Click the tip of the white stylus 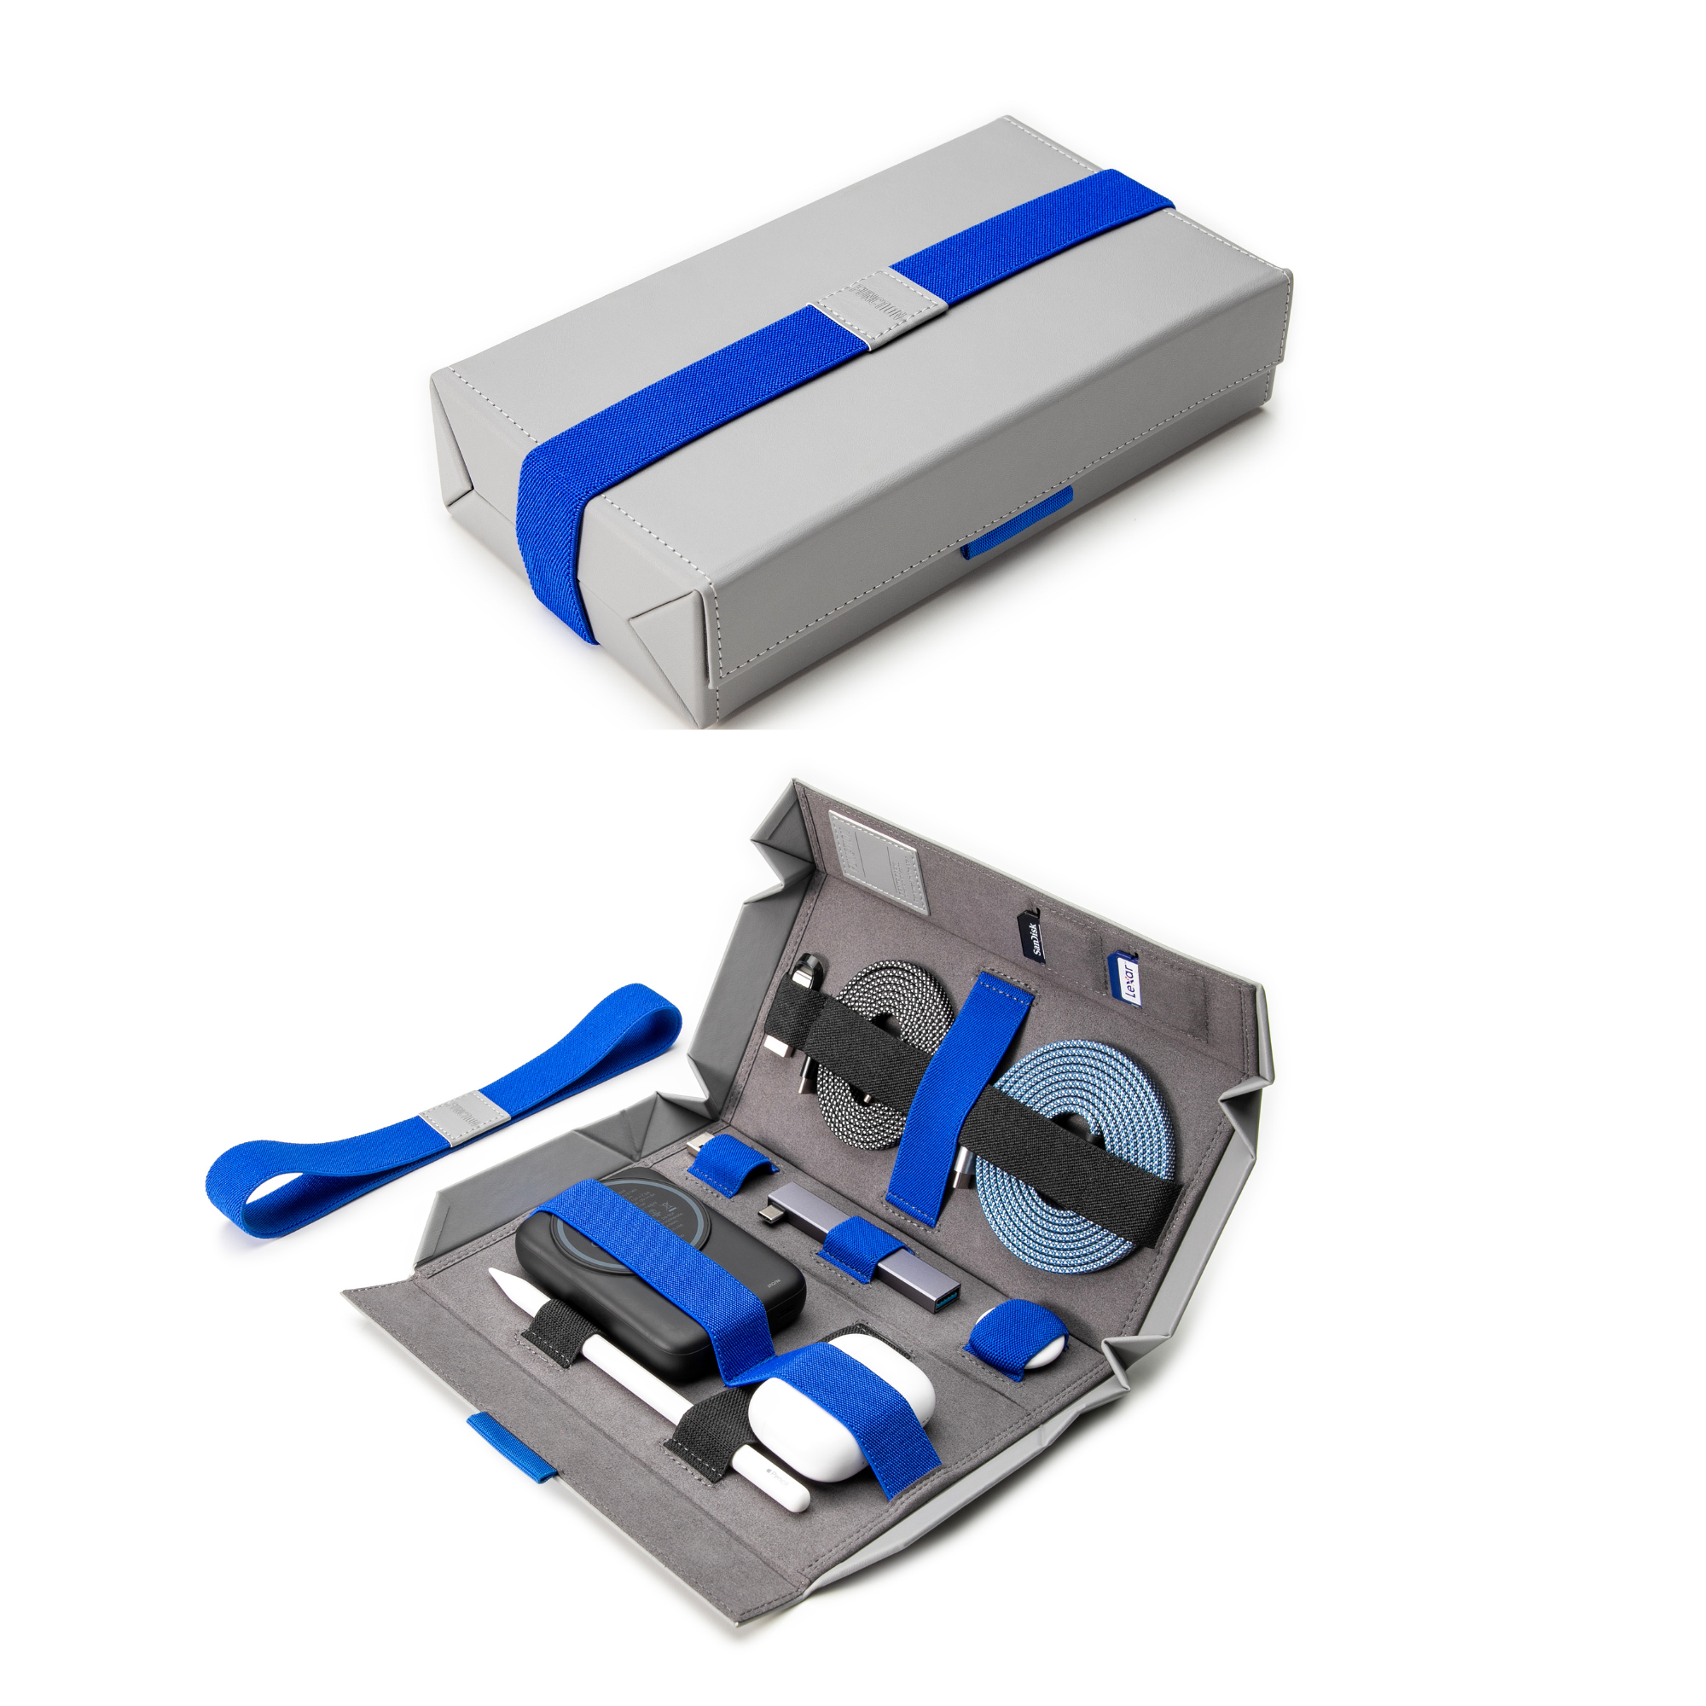497,1274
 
